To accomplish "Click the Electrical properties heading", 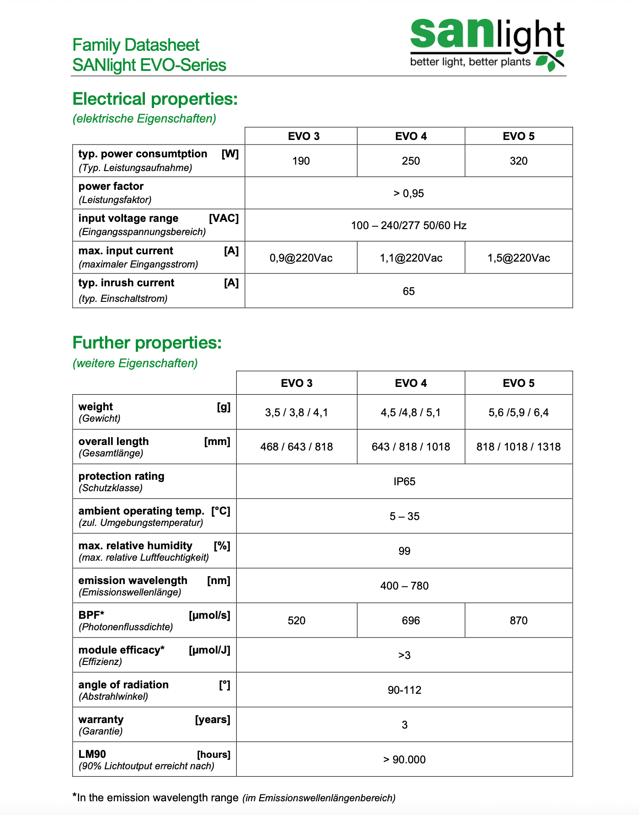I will [x=155, y=99].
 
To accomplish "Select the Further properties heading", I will [x=147, y=343].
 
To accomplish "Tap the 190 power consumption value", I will [x=301, y=161].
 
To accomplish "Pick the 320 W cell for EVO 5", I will [x=518, y=161].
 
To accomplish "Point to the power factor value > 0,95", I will [x=409, y=193].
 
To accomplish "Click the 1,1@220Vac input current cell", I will [x=411, y=258].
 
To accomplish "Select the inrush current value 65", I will [x=409, y=291].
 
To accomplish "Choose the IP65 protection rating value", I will [x=405, y=482].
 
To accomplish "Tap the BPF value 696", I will [x=411, y=621].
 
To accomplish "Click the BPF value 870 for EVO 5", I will [x=518, y=621].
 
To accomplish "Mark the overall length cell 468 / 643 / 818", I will [x=297, y=447].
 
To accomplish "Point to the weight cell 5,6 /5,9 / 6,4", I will [x=518, y=413].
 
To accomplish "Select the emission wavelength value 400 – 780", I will [x=405, y=586].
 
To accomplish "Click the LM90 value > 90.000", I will [x=405, y=760].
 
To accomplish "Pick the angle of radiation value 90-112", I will [x=405, y=690].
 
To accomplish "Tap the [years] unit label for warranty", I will [x=213, y=719].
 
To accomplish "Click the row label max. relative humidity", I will [x=135, y=546].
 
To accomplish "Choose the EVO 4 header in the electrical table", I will [x=411, y=136].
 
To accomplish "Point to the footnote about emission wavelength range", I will [x=234, y=798].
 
